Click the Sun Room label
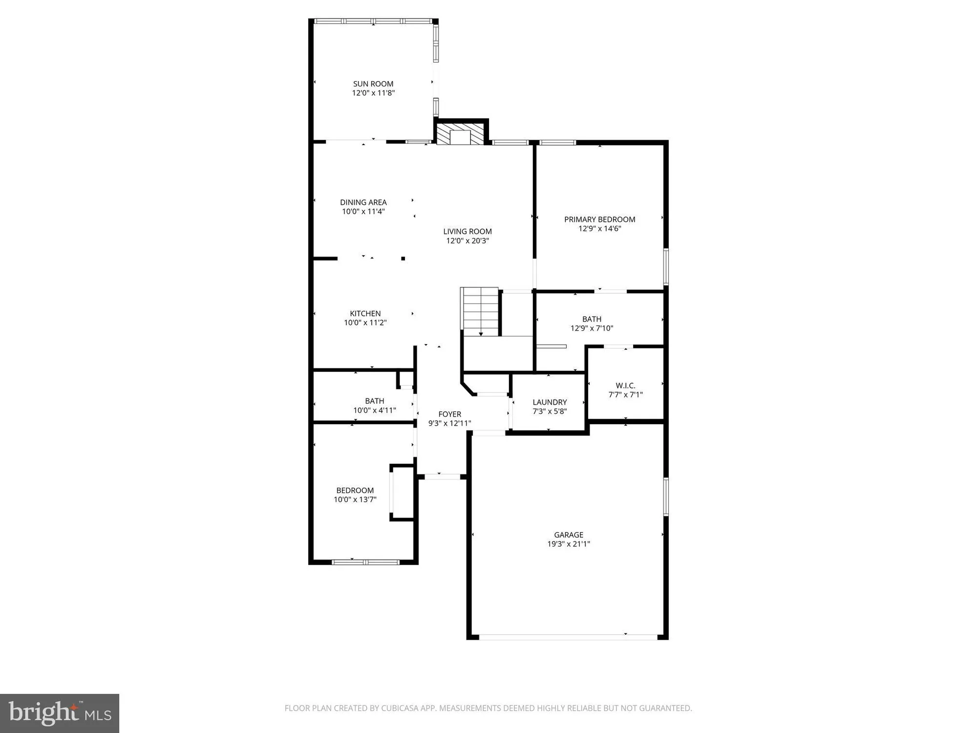pyautogui.click(x=373, y=84)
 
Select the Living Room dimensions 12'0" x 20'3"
pyautogui.click(x=467, y=241)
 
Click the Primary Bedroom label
pyautogui.click(x=599, y=219)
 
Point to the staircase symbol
pyautogui.click(x=480, y=311)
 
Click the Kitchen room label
pyautogui.click(x=365, y=314)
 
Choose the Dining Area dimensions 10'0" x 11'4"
pyautogui.click(x=363, y=212)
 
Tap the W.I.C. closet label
pyautogui.click(x=625, y=386)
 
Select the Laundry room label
pyautogui.click(x=550, y=402)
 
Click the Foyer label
pyautogui.click(x=449, y=414)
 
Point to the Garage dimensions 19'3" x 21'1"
pyautogui.click(x=569, y=544)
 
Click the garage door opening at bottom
pyautogui.click(x=568, y=637)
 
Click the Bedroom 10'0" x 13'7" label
pyautogui.click(x=355, y=491)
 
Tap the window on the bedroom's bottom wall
pyautogui.click(x=366, y=562)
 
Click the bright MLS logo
pyautogui.click(x=60, y=713)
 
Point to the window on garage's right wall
pyautogui.click(x=666, y=496)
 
